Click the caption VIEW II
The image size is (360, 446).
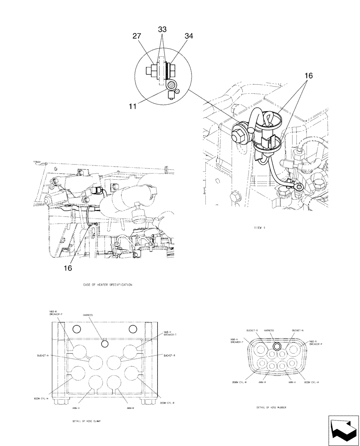[259, 227]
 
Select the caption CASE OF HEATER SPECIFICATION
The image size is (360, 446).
[107, 284]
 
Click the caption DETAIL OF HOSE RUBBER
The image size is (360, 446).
[271, 408]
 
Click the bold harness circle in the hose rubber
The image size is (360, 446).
[277, 347]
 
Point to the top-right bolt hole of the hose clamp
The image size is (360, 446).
[132, 329]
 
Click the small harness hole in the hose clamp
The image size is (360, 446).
[105, 343]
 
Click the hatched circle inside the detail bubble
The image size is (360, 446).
[170, 85]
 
